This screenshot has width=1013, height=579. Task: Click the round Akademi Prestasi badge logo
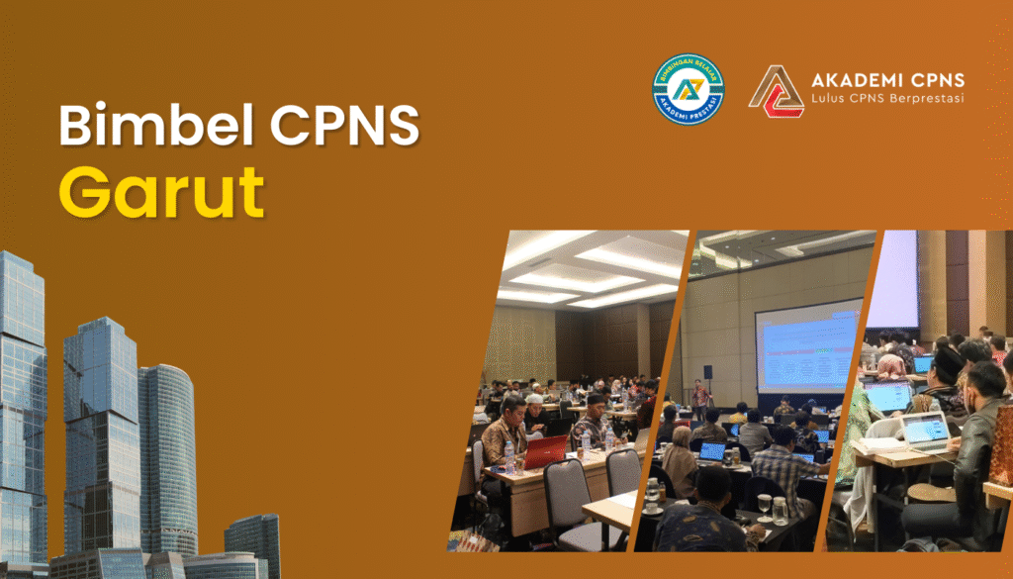(688, 90)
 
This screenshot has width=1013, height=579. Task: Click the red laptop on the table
(545, 451)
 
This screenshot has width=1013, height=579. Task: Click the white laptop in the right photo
(924, 430)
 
